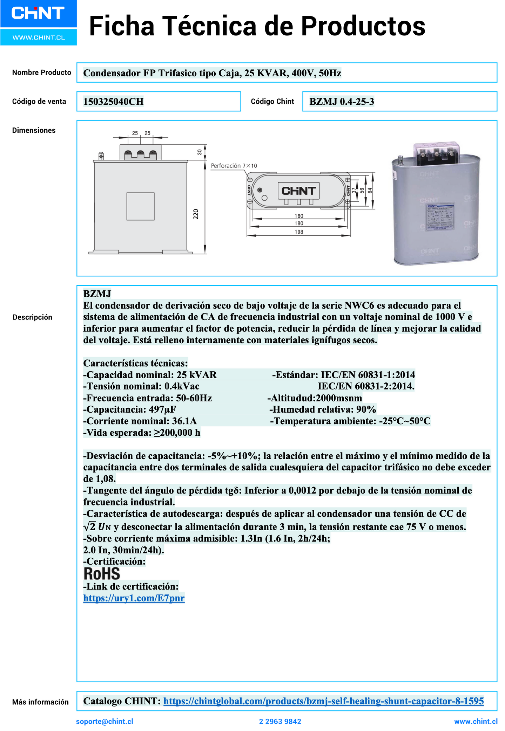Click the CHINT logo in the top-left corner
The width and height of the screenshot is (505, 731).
coord(38,13)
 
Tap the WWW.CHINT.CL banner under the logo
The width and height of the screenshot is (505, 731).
coord(39,37)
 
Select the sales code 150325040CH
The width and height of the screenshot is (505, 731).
coord(113,102)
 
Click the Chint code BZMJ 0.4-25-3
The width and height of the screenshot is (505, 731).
coord(342,102)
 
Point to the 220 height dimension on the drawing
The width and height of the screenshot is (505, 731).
coord(196,214)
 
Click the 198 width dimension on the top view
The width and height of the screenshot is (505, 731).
coord(299,232)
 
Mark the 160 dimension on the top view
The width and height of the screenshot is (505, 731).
coord(299,216)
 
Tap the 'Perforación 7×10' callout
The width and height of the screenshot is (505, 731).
coord(234,166)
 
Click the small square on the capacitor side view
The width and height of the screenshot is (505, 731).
coord(140,206)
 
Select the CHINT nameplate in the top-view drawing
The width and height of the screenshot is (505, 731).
coord(298,191)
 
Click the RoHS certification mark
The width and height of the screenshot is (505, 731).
coord(102,574)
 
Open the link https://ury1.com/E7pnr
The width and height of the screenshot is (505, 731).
coord(134,598)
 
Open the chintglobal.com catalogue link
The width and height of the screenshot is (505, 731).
coord(323,701)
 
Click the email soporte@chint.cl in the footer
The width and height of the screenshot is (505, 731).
coord(105,721)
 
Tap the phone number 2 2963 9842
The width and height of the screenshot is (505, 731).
coord(280,721)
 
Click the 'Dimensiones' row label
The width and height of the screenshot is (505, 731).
coord(34,130)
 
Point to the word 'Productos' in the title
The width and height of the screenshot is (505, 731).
coord(363,26)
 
